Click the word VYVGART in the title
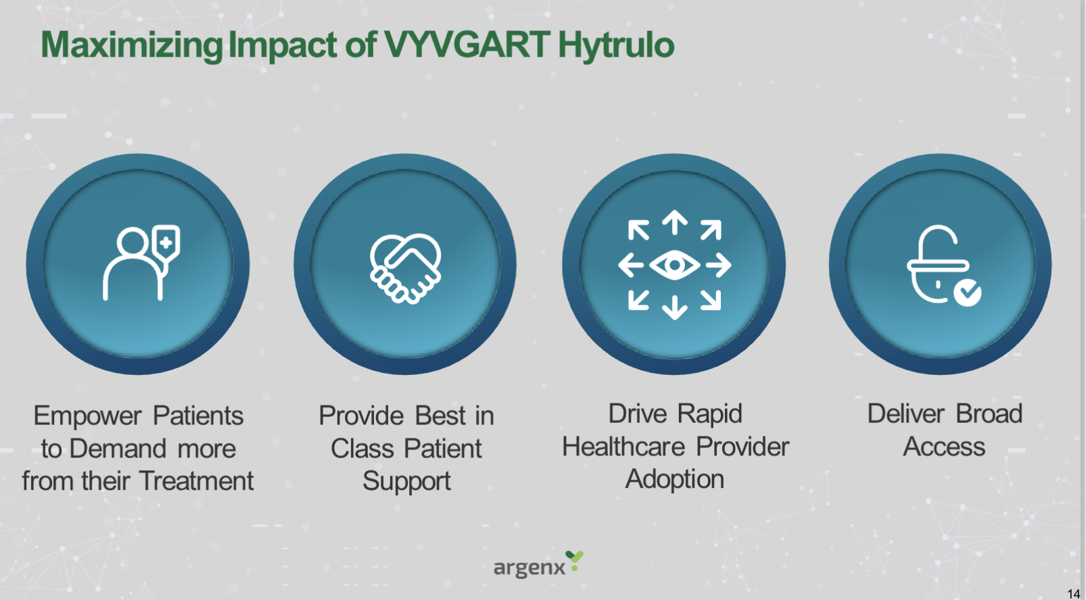tap(467, 45)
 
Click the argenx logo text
tap(529, 568)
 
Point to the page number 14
tap(1073, 593)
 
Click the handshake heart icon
tap(405, 268)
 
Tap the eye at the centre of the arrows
tap(674, 265)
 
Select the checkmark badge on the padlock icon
tap(967, 293)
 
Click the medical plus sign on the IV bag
tap(166, 242)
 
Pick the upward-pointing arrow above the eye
tap(674, 222)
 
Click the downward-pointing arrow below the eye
tap(674, 307)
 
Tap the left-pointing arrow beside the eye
tap(631, 265)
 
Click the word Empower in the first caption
tap(87, 416)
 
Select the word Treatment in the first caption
tap(196, 481)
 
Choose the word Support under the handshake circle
tap(406, 482)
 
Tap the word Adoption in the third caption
tap(674, 480)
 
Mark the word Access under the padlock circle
tap(944, 447)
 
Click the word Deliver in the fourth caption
tap(905, 414)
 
